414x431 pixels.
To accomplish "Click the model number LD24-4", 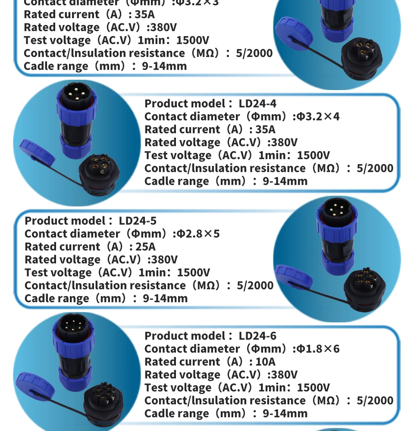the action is pyautogui.click(x=257, y=103).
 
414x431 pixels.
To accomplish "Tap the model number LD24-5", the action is pyautogui.click(x=138, y=221).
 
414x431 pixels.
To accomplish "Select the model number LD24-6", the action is pyautogui.click(x=257, y=336).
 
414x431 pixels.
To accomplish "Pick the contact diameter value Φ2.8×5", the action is pyautogui.click(x=199, y=234).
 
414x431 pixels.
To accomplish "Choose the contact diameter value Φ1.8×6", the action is pyautogui.click(x=319, y=349).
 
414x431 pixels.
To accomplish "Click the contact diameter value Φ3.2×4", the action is pyautogui.click(x=319, y=116).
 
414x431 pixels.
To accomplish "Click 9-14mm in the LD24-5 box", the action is pyautogui.click(x=165, y=298).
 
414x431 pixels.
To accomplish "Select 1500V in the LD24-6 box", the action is pyautogui.click(x=314, y=387).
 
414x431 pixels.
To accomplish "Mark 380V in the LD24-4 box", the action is pyautogui.click(x=282, y=142).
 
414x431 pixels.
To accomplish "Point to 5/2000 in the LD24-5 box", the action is pyautogui.click(x=255, y=285).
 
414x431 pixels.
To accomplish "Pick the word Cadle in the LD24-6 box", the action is pyautogui.click(x=160, y=413).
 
